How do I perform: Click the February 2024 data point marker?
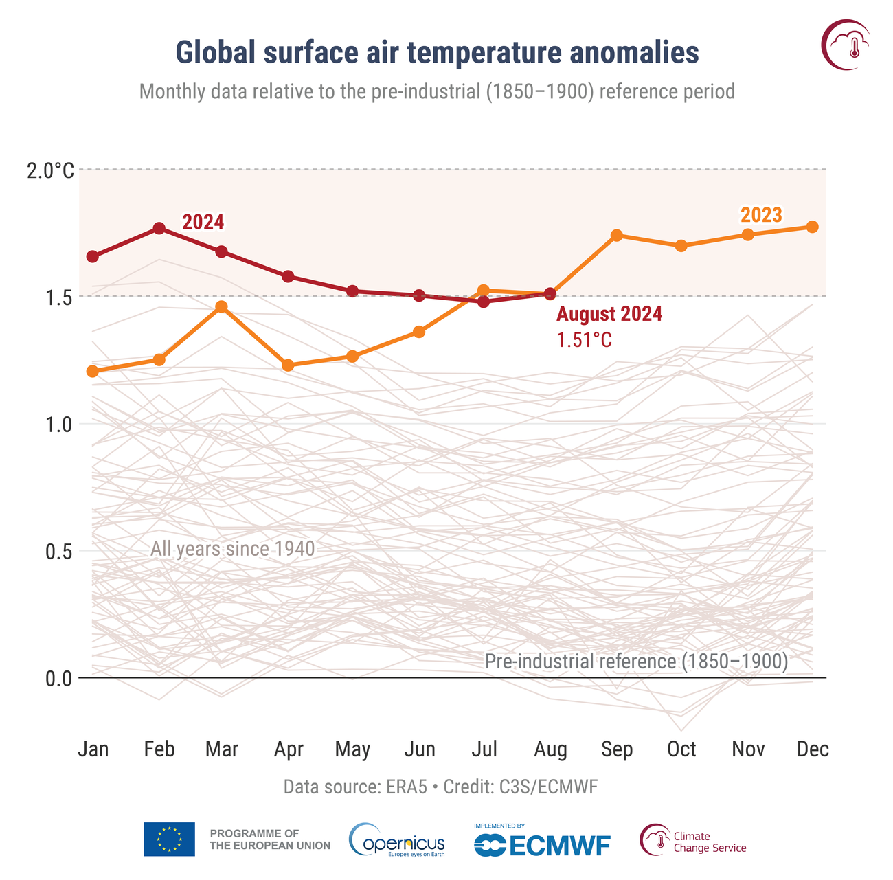[159, 228]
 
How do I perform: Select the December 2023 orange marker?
[812, 227]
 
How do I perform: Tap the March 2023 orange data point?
[221, 306]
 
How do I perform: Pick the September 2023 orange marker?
[617, 236]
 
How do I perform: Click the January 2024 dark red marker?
[93, 256]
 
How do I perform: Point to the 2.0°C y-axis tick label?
[50, 170]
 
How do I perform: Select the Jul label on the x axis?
[484, 749]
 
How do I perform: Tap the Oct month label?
[681, 749]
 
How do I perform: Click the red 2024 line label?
[203, 222]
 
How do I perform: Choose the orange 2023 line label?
[761, 215]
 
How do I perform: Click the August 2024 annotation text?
[609, 315]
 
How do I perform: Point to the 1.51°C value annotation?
[584, 340]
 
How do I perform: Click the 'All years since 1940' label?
[232, 549]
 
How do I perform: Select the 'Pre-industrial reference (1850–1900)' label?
[636, 662]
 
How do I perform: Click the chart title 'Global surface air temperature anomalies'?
[437, 53]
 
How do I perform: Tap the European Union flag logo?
[169, 839]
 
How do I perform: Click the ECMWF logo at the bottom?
[542, 844]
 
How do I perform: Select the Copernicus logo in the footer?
[397, 839]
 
